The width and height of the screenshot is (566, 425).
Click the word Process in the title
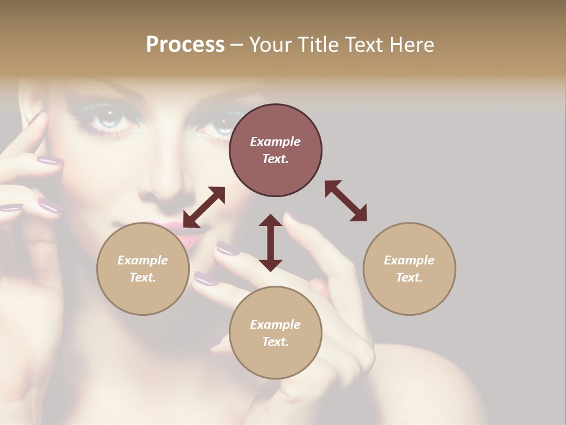tap(185, 45)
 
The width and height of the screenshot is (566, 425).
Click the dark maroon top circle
tap(275, 151)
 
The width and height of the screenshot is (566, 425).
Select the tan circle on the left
tap(143, 269)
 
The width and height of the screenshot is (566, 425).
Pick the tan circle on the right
tap(409, 269)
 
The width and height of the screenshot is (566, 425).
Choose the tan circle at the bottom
tap(275, 333)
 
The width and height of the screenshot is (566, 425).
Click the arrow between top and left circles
tap(204, 207)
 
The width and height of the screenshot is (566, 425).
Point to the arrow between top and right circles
tap(345, 201)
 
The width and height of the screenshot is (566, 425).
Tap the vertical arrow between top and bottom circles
tap(271, 243)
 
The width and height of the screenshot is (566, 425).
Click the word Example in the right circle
tap(409, 260)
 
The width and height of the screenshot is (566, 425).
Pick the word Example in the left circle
tap(143, 260)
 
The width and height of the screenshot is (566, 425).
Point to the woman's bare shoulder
tap(436, 378)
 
